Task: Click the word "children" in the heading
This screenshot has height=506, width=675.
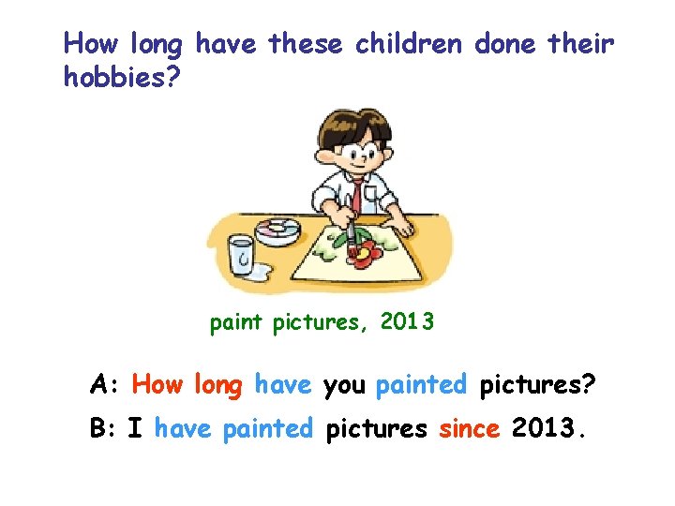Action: click(x=411, y=43)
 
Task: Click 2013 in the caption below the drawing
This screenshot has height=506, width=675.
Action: click(x=407, y=323)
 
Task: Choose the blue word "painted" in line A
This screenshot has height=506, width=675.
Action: click(x=421, y=384)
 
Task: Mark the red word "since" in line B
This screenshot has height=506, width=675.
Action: click(x=469, y=429)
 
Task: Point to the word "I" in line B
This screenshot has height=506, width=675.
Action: click(x=135, y=429)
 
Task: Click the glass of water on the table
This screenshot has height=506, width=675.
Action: click(x=242, y=255)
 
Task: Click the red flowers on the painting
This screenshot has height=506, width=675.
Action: click(x=366, y=249)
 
